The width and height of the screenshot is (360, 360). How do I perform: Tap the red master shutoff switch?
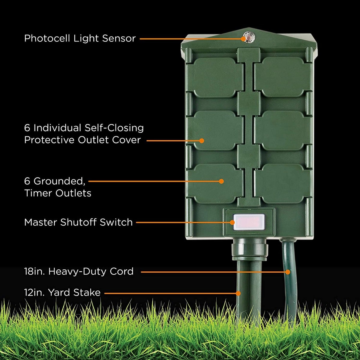249,222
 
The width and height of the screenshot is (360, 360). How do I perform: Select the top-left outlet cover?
215,76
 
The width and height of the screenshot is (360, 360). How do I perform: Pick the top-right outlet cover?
283,76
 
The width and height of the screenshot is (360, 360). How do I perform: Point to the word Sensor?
119,38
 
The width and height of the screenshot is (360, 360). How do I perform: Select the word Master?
40,222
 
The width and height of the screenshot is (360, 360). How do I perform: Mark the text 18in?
35,271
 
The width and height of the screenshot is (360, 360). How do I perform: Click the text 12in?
35,292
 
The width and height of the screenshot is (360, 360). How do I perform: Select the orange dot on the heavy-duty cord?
288,272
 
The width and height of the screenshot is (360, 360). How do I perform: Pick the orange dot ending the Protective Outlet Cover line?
202,140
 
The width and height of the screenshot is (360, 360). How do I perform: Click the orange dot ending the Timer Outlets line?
221,181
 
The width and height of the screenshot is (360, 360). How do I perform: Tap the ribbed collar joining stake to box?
249,249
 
